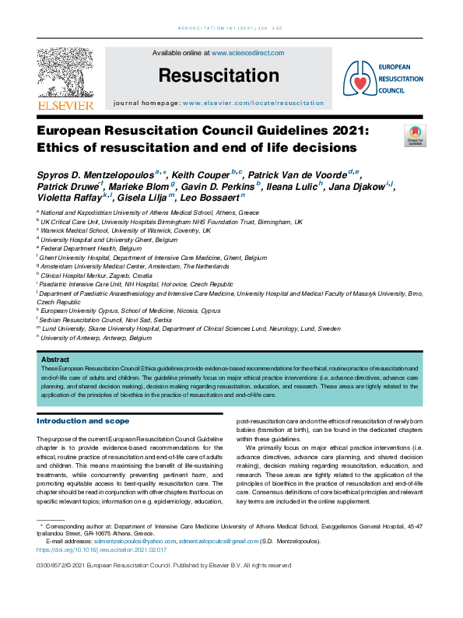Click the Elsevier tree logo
click(x=65, y=73)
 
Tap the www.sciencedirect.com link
click(x=247, y=53)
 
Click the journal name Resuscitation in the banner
click(x=218, y=75)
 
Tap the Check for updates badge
click(x=415, y=135)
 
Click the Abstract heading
click(x=55, y=360)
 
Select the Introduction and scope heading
click(x=83, y=421)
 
